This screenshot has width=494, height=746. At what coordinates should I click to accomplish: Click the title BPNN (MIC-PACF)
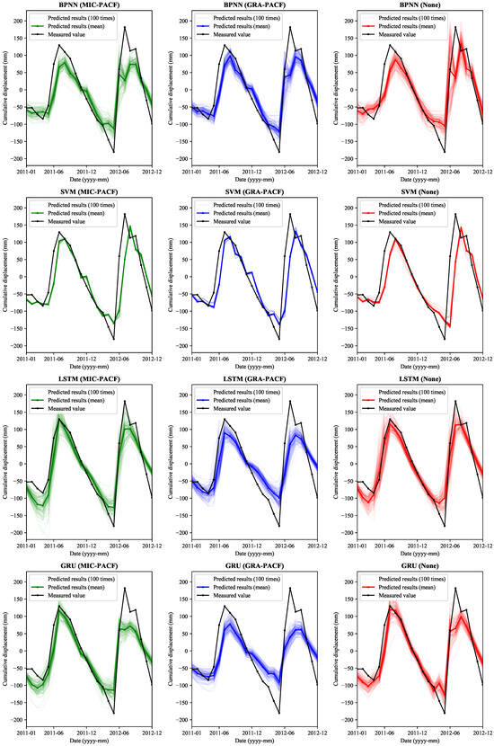click(87, 5)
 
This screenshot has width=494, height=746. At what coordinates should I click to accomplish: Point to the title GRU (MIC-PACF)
click(87, 566)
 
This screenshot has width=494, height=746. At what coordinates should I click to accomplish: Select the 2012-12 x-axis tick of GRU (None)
click(482, 730)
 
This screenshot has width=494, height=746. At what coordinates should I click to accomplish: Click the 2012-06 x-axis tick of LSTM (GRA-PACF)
click(287, 543)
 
